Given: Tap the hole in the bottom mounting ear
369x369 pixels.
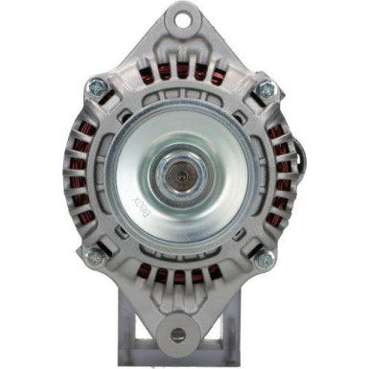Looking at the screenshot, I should (178, 334).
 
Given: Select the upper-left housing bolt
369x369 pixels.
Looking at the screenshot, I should (98, 87).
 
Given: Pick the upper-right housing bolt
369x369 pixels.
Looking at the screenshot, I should (265, 89).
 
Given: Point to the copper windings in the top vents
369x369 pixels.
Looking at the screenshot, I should (182, 72).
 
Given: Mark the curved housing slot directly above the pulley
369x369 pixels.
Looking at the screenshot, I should (182, 93).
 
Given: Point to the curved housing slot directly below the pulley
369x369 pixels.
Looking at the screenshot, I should (182, 257).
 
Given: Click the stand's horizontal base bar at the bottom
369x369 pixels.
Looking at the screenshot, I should (179, 360).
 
